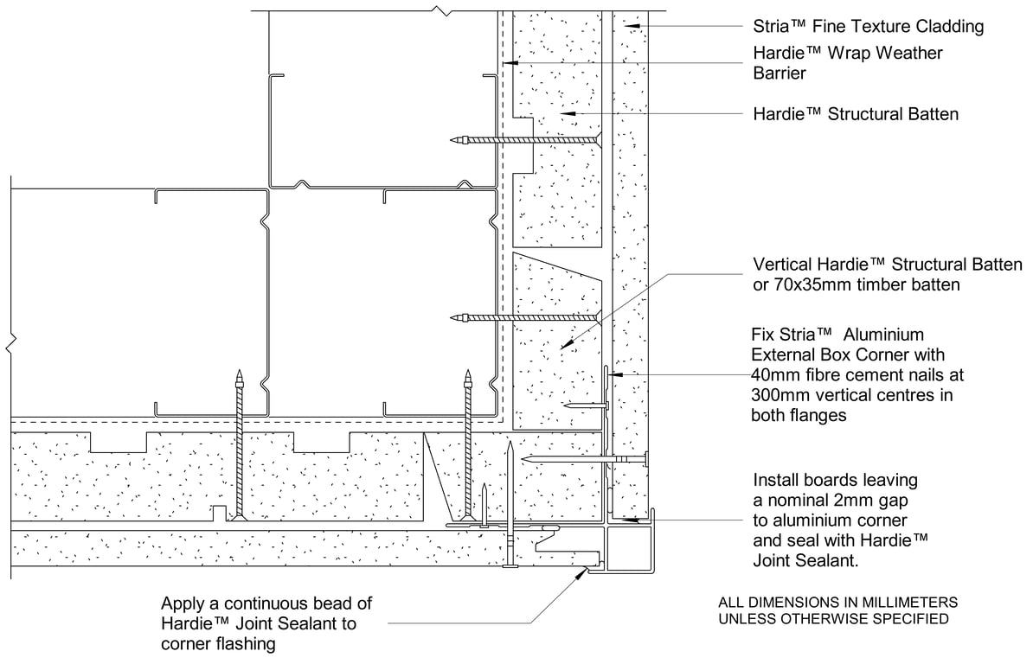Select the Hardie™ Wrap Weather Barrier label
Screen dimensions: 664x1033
pyautogui.click(x=848, y=63)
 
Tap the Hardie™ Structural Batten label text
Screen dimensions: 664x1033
pyautogui.click(x=856, y=114)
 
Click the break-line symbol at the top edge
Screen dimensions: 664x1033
pyautogui.click(x=441, y=10)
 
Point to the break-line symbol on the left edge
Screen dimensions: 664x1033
pyautogui.click(x=10, y=346)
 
